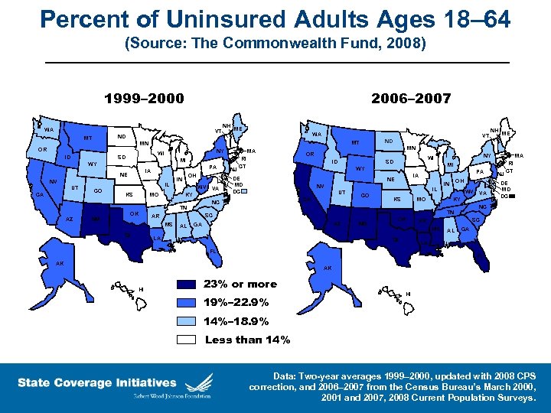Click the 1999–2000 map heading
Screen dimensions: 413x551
144,98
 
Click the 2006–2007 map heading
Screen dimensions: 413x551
411,98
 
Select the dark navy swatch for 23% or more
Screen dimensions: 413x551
188,285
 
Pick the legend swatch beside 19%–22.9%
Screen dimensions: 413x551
188,303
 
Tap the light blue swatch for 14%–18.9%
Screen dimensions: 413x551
188,321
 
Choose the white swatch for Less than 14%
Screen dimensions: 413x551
188,340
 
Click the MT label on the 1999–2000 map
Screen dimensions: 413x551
88,138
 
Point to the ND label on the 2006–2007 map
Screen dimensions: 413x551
388,141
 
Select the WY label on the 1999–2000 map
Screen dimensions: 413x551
91,164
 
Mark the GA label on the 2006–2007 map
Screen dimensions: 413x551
465,229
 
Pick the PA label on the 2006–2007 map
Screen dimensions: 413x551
479,173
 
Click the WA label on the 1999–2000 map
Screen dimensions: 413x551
48,130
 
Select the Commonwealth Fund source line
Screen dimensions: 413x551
275,44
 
